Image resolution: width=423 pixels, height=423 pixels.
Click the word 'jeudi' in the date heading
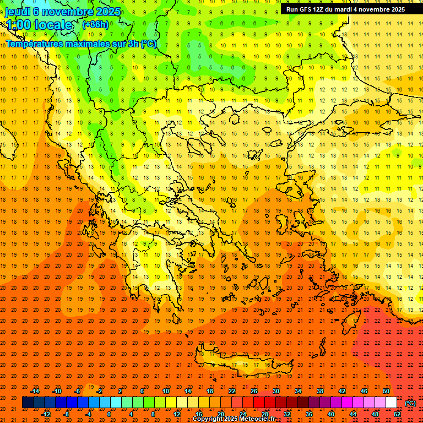pos(18,10)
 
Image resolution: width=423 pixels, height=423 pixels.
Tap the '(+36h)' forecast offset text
pos(95,24)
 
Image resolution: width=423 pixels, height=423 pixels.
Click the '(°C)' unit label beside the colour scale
pos(410,403)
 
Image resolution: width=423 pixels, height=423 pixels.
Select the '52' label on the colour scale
pos(398,414)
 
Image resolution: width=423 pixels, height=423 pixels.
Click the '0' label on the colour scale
pos(109,414)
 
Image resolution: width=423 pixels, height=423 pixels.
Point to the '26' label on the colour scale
pos(254,391)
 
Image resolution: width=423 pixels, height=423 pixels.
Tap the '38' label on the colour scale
pos(319,391)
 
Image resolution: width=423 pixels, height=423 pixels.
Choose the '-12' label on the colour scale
pos(46,414)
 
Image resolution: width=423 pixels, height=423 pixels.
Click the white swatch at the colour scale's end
pos(392,403)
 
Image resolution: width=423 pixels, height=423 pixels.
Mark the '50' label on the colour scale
pos(386,391)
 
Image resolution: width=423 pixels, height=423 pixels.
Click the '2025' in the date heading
pos(104,10)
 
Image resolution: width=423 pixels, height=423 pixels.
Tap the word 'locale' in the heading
pos(53,25)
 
